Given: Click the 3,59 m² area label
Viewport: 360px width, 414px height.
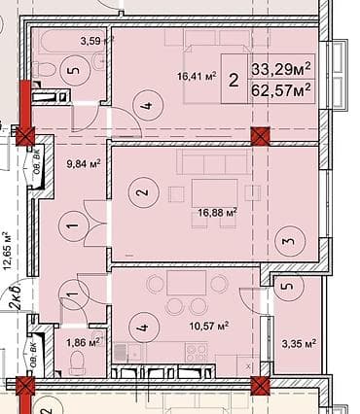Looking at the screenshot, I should (x=98, y=41).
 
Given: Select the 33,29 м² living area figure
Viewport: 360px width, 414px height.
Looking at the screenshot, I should (x=281, y=69).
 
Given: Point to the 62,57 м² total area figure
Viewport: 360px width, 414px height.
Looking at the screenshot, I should (x=281, y=90).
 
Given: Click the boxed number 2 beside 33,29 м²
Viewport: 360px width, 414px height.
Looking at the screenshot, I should (x=234, y=81).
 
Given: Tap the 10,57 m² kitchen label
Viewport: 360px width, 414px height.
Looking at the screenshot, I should (x=209, y=326).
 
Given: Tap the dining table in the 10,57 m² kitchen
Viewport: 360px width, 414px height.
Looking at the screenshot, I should (x=187, y=287).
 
